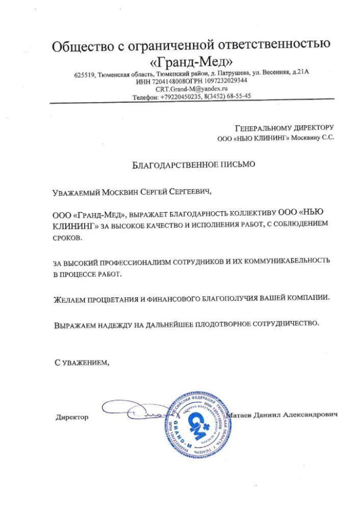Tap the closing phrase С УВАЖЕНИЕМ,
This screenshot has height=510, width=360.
pos(82,362)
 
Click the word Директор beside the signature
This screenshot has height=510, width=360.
pos(72,417)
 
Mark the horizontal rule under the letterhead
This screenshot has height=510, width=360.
pos(192,103)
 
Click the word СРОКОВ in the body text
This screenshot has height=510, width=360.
pos(68,238)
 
